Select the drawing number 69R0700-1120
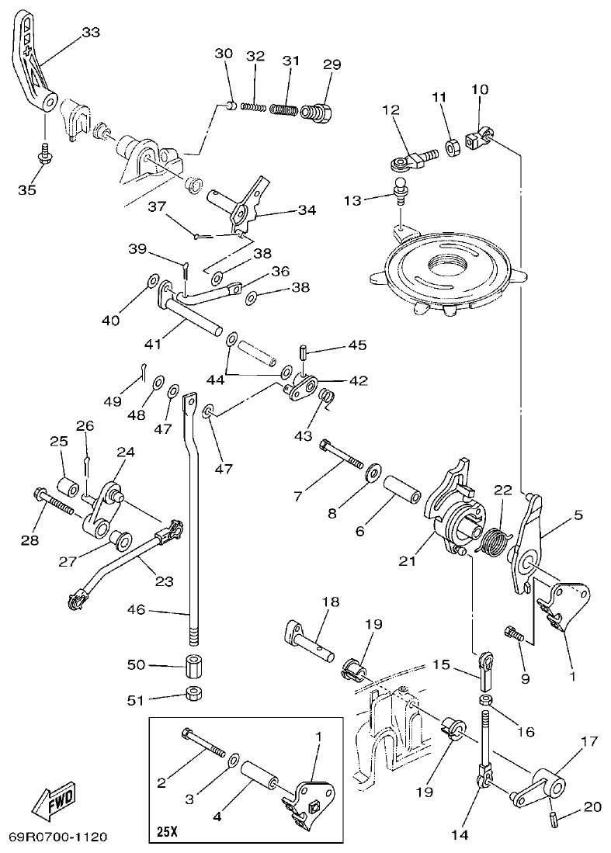(57, 837)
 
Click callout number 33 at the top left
(91, 32)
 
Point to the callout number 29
(332, 64)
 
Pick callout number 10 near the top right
(479, 90)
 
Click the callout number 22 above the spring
(503, 490)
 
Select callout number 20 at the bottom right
(592, 807)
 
